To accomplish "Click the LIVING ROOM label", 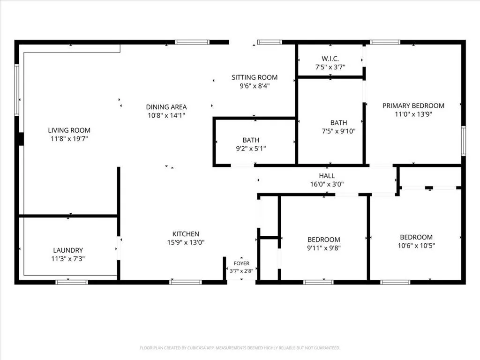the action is point(69,130).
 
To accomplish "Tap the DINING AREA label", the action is point(166,107).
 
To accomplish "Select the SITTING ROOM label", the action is point(255,77).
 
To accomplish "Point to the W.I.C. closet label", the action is point(330,59).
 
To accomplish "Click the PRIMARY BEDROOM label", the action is point(413,105).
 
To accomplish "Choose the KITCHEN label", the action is point(186,234).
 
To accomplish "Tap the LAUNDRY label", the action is point(68,250).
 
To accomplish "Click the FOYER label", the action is point(241,263).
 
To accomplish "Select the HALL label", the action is point(327,176).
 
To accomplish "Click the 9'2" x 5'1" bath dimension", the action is point(251,149).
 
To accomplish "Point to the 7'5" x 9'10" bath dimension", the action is point(338,131).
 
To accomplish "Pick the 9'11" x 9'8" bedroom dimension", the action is point(323,248).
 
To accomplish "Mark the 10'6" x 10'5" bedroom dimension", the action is point(416,246).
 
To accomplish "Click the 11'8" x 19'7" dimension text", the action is point(69,139).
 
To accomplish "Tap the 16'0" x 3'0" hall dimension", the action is point(327,184).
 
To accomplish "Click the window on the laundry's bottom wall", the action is point(72,282).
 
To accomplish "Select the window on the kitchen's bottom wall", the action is point(186,282).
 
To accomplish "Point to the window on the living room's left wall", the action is point(17,90).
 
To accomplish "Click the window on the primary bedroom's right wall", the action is point(464,141).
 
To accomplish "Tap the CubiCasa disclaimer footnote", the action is point(240,348).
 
